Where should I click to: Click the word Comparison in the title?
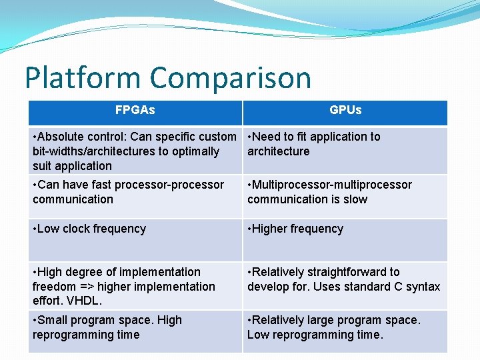(x=231, y=78)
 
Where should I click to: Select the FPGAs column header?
(x=135, y=110)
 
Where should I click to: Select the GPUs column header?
(x=345, y=110)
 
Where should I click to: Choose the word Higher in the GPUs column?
(x=272, y=229)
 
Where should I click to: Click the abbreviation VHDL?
(x=83, y=301)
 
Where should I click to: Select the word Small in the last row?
(x=54, y=320)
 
